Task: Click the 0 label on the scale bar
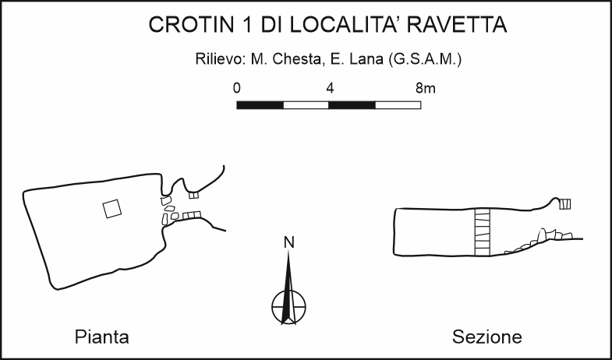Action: tap(237, 88)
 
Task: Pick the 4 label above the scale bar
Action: tap(330, 88)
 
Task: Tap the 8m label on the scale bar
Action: tap(425, 88)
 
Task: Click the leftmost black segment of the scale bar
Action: tap(260, 104)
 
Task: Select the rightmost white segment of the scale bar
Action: tap(398, 104)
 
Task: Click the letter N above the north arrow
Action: tap(288, 242)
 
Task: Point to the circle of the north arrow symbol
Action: tap(288, 305)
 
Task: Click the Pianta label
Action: tap(101, 337)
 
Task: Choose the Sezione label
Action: tap(487, 337)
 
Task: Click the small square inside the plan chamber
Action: tap(112, 208)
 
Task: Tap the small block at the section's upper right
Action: tap(566, 204)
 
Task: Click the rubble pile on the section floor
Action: tap(546, 238)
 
